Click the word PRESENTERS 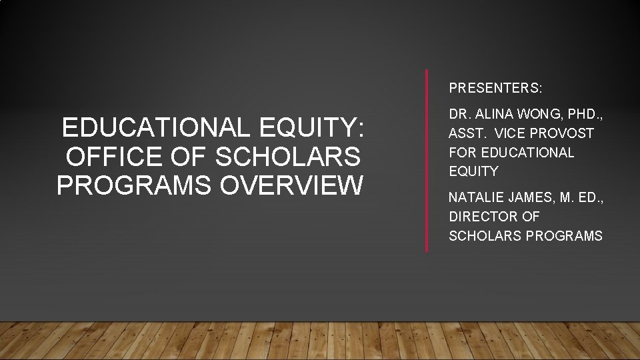point(495,88)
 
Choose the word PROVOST point(567,134)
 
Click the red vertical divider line point(427,160)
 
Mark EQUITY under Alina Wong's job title point(473,171)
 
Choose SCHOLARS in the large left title point(287,157)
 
